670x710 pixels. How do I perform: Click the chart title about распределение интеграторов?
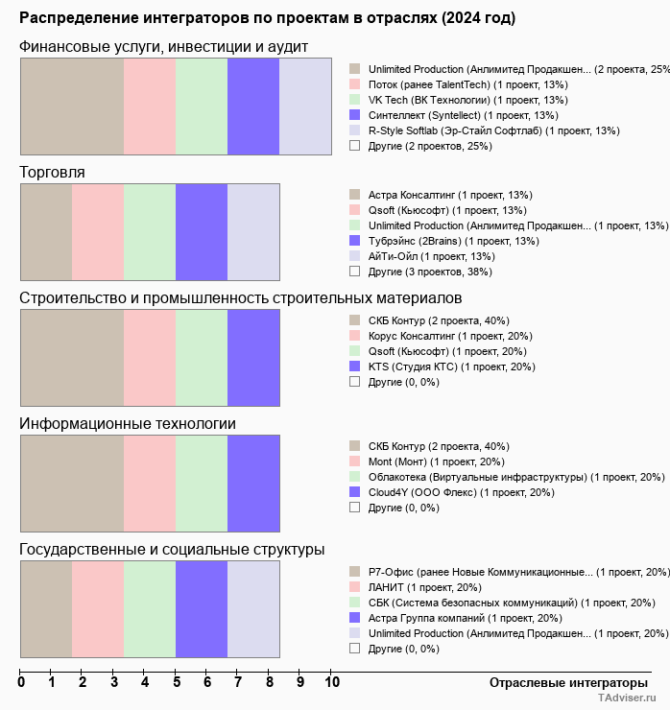tap(267, 18)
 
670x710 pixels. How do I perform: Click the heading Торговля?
tap(52, 172)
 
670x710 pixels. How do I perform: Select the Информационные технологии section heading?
tap(128, 423)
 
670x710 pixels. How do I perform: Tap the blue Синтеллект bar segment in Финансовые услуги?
tap(253, 106)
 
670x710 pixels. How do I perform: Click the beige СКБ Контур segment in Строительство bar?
tap(72, 358)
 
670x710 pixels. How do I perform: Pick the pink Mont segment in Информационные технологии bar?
tap(150, 484)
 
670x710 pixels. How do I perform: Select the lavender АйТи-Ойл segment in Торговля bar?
tap(253, 232)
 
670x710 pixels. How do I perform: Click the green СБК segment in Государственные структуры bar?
tap(150, 609)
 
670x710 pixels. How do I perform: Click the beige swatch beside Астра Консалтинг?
tap(354, 195)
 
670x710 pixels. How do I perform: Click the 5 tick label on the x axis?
tap(177, 683)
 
